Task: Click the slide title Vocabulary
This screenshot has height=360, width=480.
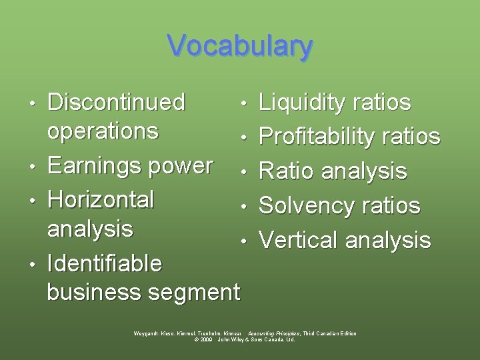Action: point(240,46)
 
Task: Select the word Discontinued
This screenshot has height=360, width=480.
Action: point(116,102)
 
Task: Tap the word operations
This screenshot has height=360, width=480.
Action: point(103,131)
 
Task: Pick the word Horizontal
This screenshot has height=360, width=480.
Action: point(101,199)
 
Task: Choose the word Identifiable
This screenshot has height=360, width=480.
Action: point(105,263)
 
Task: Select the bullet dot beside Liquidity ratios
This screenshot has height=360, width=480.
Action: point(245,104)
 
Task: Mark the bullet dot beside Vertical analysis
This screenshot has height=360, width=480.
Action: point(245,241)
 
